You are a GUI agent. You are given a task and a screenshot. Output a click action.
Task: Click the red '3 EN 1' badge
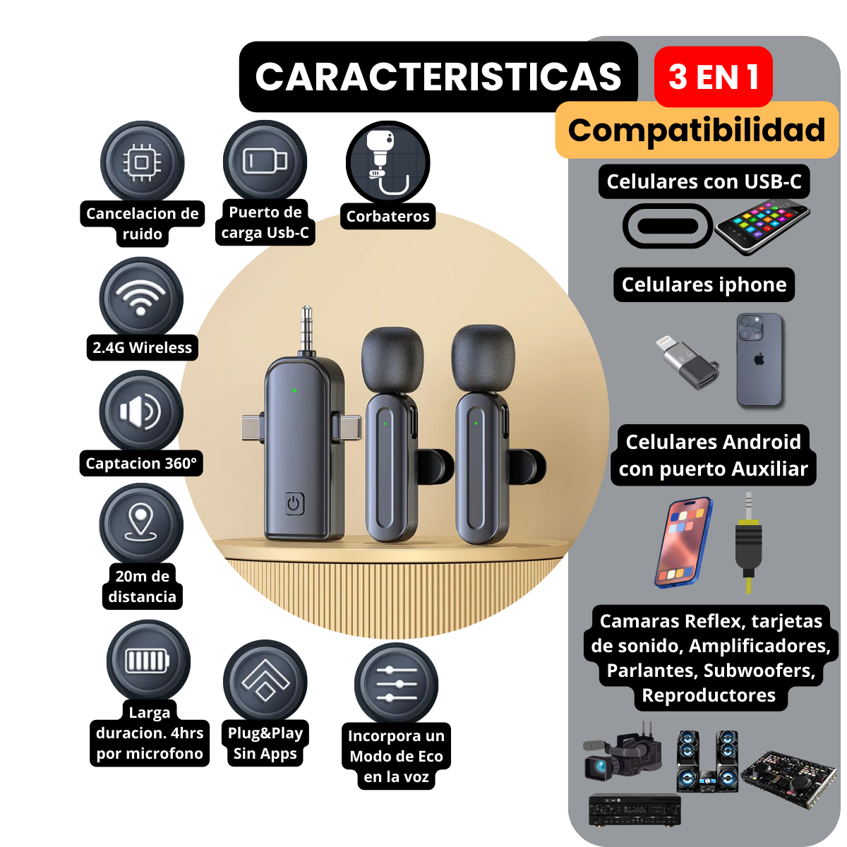coord(713,76)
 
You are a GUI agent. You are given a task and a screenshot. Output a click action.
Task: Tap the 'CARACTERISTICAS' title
coord(438,76)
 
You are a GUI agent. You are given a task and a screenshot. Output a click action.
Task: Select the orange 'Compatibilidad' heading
coord(697,130)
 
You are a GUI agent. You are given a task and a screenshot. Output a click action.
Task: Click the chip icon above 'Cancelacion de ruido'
coord(142,163)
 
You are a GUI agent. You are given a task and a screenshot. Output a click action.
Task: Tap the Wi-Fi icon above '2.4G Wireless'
coord(141,299)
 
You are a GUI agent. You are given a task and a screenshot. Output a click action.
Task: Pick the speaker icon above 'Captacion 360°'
coord(141,412)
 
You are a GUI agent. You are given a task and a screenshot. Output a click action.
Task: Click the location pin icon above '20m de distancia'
coord(141,524)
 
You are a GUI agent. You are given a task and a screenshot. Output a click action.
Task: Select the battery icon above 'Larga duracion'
coord(148,661)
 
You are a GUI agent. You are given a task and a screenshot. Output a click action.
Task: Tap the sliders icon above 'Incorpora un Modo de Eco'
coord(396,684)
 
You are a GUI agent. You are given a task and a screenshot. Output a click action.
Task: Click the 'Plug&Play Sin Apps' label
coord(265,743)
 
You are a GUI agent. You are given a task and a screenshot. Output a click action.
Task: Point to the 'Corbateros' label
coord(388,216)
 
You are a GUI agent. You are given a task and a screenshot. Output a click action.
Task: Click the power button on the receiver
coord(294,504)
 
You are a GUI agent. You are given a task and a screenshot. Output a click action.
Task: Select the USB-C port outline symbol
coord(667,226)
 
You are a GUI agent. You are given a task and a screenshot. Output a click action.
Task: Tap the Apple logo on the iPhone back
coord(759,359)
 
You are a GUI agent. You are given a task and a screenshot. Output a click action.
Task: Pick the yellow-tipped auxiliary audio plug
coord(748,543)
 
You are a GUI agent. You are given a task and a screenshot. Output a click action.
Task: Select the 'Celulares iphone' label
coord(704,284)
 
